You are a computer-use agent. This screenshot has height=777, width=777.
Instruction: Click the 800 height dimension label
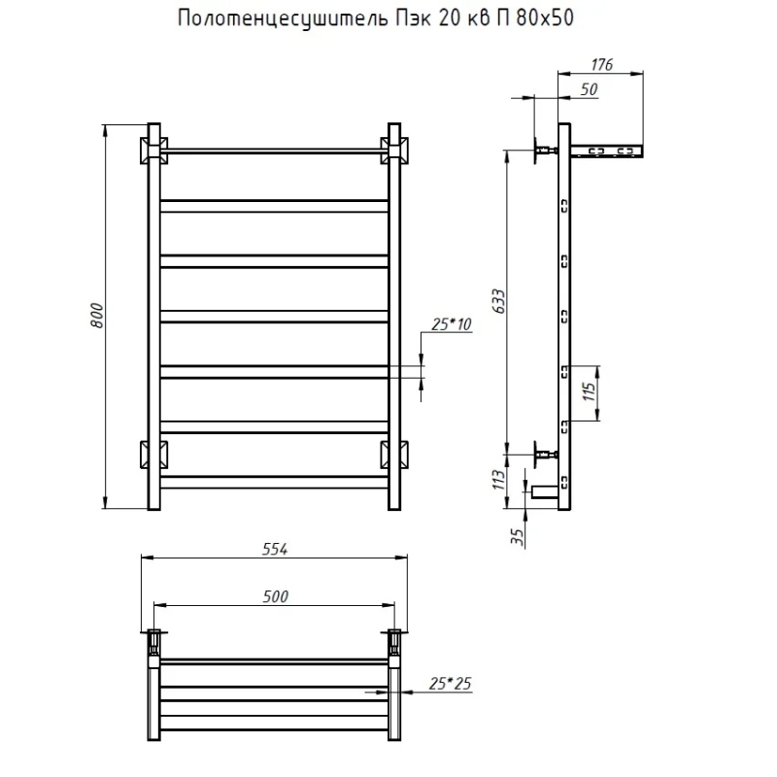[97, 315]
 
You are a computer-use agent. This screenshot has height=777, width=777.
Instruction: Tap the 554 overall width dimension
[275, 549]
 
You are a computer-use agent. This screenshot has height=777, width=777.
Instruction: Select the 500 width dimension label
[275, 596]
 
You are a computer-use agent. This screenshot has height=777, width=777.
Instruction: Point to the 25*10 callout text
[451, 324]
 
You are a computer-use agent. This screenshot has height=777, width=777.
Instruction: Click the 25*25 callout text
[450, 684]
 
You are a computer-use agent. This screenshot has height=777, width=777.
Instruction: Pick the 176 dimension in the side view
[601, 64]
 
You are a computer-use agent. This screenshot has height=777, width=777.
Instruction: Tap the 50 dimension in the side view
[589, 89]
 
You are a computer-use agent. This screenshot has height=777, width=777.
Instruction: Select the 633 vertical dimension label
[499, 301]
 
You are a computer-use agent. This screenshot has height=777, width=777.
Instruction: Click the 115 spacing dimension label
[589, 391]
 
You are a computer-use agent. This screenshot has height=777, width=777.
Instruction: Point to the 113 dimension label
[499, 480]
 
